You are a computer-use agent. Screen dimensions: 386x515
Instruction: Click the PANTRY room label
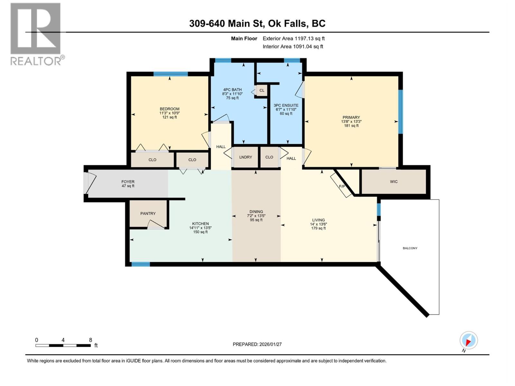(x=148, y=214)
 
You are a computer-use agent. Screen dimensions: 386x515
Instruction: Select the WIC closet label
(x=394, y=182)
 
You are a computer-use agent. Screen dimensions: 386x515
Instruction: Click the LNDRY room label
(x=246, y=157)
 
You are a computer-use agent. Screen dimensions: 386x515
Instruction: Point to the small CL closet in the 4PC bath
(x=262, y=90)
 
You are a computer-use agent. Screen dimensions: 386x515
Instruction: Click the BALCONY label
(x=410, y=248)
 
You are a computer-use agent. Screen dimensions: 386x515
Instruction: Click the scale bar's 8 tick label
(x=90, y=340)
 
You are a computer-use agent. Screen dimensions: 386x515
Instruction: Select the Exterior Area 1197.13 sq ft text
(x=294, y=39)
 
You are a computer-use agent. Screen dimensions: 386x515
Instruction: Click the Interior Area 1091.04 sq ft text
(x=293, y=47)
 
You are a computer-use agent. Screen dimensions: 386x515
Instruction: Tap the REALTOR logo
(x=36, y=34)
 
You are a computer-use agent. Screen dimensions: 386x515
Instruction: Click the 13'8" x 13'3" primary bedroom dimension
(x=351, y=122)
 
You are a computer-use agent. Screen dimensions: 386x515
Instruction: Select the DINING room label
(x=256, y=212)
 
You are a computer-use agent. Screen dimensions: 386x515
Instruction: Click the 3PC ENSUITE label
(x=286, y=106)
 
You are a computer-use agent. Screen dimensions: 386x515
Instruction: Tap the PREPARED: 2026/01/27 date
(x=257, y=344)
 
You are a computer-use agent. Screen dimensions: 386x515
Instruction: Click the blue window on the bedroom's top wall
(x=170, y=74)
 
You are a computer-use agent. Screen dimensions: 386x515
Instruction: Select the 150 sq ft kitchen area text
(x=200, y=232)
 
